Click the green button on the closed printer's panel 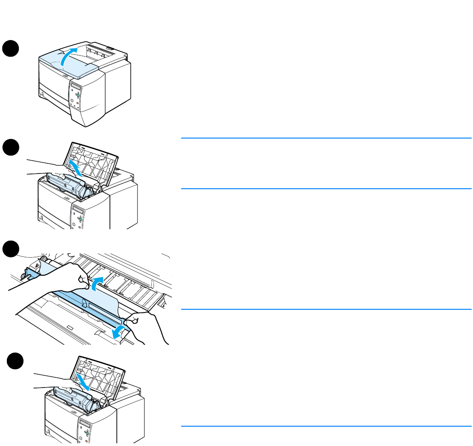(x=78, y=96)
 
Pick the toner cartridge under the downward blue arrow (x=76, y=399)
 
